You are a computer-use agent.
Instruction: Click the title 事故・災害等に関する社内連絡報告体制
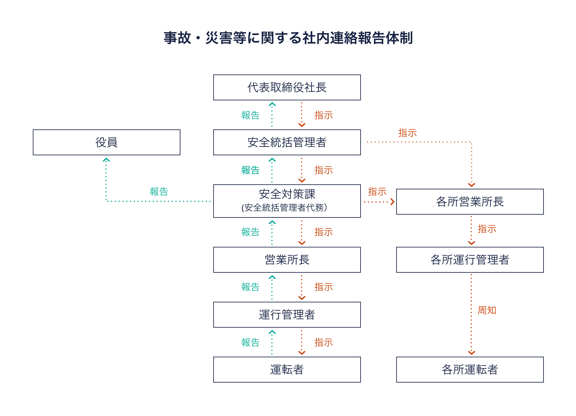click(288, 38)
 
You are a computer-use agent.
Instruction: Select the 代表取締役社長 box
click(287, 87)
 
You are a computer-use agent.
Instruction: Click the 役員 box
click(106, 142)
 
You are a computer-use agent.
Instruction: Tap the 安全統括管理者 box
click(287, 142)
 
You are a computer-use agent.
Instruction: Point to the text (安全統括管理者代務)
click(284, 208)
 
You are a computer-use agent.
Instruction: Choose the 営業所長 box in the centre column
click(287, 260)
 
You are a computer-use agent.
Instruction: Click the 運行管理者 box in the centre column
click(287, 315)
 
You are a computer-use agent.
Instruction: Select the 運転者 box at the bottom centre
click(287, 370)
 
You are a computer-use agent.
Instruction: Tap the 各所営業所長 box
click(470, 202)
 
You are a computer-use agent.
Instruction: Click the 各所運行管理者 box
click(470, 260)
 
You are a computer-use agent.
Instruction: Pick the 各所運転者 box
click(470, 370)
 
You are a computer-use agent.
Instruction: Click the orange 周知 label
click(487, 310)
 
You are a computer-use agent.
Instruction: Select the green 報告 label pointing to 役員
click(159, 192)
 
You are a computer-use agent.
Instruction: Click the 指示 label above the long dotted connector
click(407, 133)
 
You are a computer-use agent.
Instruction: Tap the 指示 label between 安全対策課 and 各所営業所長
click(377, 192)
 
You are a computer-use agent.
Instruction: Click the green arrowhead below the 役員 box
click(106, 160)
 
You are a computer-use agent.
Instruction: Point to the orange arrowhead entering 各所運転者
click(472, 353)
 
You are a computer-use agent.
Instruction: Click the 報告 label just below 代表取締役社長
click(250, 115)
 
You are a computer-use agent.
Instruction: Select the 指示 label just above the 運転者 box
click(323, 342)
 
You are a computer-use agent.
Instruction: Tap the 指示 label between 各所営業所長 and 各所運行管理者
click(487, 229)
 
